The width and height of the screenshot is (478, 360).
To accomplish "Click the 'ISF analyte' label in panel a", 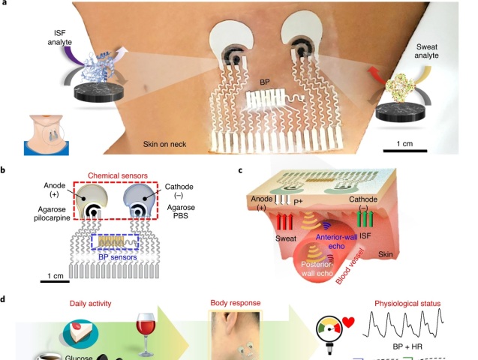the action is coord(60,37).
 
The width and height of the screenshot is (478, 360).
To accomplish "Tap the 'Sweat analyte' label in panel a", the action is coord(426,51).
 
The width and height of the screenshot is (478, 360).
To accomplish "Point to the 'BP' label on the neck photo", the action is coord(265,82).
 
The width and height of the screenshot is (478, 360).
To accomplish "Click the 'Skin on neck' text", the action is coord(164,144).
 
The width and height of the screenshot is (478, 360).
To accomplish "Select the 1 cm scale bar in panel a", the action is coord(405,151).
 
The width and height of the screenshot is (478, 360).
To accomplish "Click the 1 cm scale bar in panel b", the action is coord(55,281).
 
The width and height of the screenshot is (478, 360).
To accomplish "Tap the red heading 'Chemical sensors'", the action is coord(118,175).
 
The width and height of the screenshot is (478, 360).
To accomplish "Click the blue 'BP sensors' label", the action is coord(118,257).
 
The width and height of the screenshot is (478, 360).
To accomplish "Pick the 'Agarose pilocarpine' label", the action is coord(52,214).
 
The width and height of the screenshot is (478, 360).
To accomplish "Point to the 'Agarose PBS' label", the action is coord(181,211).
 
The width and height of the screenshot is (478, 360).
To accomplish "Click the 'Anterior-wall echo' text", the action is coord(336,241).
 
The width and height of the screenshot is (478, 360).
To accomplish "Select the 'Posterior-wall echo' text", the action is coord(317,268).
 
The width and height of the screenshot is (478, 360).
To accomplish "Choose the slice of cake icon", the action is coord(81,331).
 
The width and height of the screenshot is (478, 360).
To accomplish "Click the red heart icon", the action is coord(348,322).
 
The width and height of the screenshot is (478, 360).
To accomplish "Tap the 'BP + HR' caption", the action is coord(407,346).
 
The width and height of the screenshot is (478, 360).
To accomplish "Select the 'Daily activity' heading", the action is coord(91,303).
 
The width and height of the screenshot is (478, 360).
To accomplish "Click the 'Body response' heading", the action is coord(236,303).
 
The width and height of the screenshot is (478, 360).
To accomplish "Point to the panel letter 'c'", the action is coord(240,170).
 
